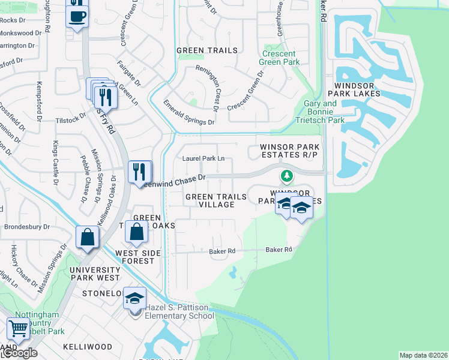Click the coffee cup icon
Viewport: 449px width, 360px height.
coord(77,16)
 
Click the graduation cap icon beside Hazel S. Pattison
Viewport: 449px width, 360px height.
coord(136,298)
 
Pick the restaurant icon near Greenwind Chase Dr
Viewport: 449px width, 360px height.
coord(139,172)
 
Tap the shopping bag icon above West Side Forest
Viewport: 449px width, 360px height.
coord(137,232)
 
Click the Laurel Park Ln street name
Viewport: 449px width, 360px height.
coord(203,159)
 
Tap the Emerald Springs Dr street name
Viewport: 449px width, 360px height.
coord(188,113)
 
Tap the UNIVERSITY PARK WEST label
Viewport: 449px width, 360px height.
coord(96,274)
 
